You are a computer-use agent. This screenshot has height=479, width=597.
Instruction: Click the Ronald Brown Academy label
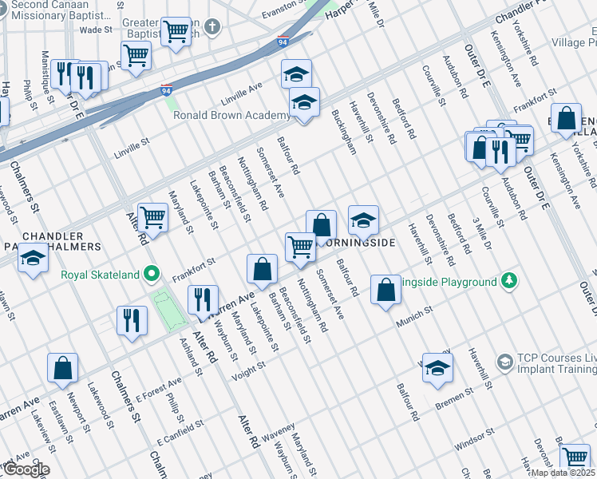231,115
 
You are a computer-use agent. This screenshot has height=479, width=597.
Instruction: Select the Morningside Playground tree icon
507,281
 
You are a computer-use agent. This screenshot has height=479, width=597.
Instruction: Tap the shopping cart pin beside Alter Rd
152,217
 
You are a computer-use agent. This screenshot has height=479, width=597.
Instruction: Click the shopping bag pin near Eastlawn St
62,369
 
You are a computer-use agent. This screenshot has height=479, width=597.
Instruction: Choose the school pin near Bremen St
437,368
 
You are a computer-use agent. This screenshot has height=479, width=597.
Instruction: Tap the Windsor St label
471,439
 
